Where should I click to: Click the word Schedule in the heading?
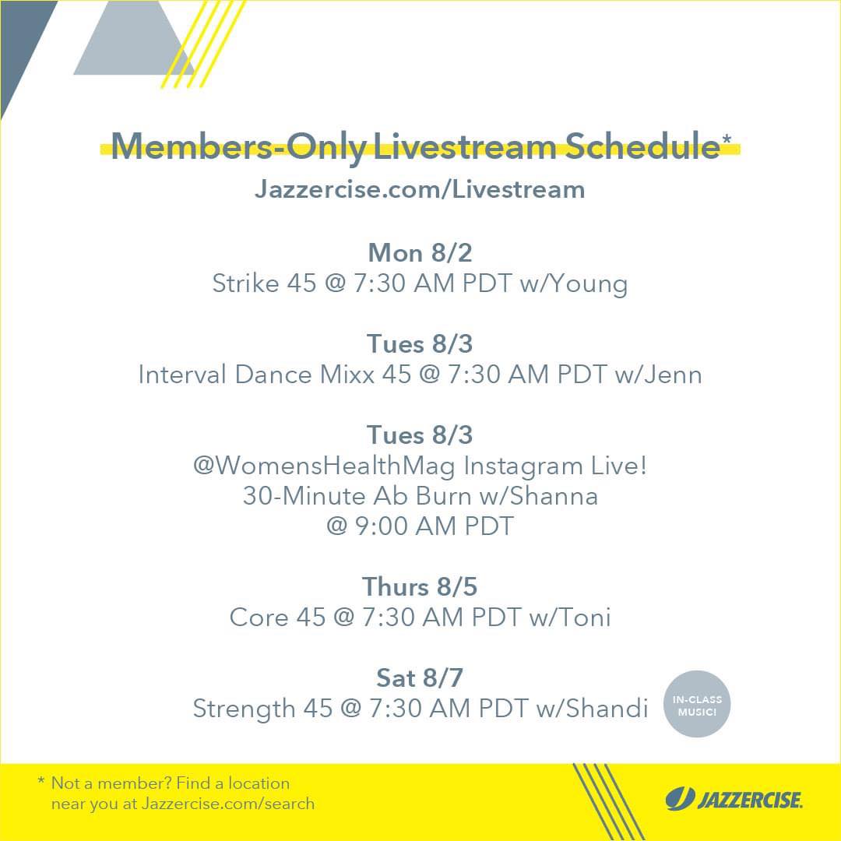point(642,146)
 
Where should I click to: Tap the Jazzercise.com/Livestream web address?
point(420,189)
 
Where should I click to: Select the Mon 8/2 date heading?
point(420,253)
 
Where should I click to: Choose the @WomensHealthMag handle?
point(324,466)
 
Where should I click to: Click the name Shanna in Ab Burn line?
point(554,495)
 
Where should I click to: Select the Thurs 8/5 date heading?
point(420,587)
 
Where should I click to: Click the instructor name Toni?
point(586,618)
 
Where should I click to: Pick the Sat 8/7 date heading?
point(420,678)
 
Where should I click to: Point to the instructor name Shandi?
point(607,709)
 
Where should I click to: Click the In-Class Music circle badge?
point(697,704)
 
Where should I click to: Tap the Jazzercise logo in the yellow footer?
point(734,799)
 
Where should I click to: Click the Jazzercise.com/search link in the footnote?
point(228,804)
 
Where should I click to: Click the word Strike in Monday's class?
point(245,283)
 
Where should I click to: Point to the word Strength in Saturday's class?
point(244,709)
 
